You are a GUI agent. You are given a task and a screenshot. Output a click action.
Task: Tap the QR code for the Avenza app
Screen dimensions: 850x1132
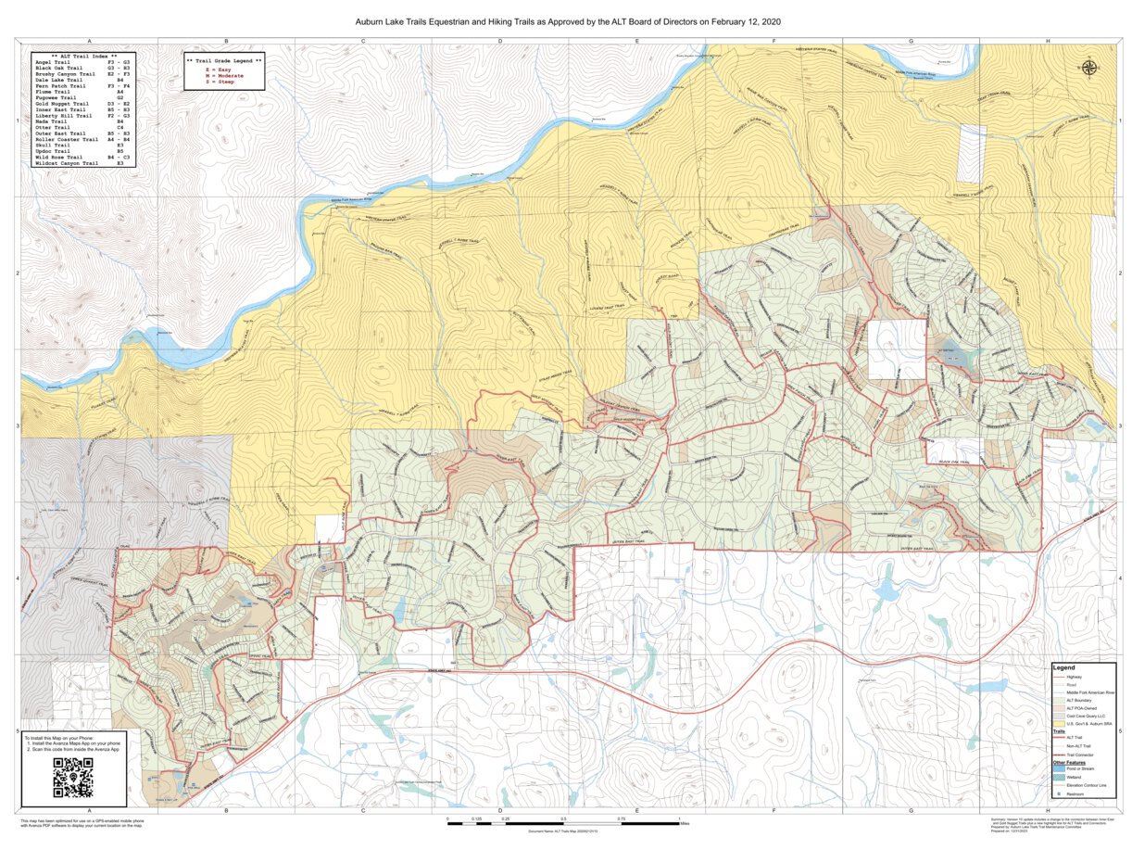click(73, 778)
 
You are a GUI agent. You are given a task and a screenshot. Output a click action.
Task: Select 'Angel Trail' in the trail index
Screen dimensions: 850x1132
click(54, 62)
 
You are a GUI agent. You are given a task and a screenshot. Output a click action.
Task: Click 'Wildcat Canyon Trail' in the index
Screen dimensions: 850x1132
click(67, 163)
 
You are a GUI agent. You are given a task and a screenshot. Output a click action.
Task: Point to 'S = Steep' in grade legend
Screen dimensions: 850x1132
click(220, 82)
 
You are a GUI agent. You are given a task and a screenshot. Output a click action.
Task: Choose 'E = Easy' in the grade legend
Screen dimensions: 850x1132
click(219, 70)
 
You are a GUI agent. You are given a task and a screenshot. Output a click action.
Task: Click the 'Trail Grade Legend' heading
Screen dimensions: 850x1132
click(224, 58)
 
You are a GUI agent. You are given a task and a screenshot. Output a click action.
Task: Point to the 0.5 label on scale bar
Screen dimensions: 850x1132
click(563, 819)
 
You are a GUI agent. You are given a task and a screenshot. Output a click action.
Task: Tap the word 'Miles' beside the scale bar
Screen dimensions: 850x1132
click(685, 822)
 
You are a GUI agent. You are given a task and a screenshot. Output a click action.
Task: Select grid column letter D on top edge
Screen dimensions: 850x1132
click(500, 42)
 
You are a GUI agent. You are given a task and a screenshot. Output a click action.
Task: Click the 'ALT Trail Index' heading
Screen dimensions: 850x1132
click(84, 56)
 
